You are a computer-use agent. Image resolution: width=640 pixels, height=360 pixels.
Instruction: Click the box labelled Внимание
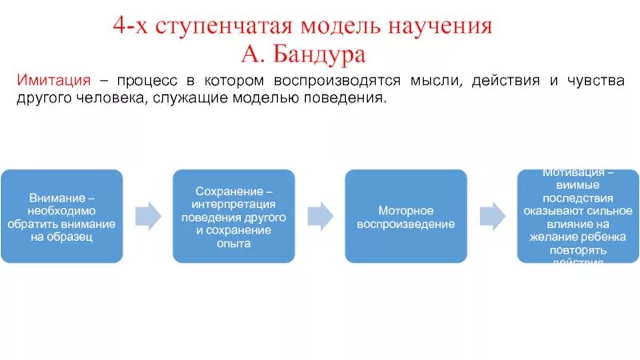pos(61,216)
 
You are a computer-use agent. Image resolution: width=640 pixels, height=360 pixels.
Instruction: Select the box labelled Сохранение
pos(234,216)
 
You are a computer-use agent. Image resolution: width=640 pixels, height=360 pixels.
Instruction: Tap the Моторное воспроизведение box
pos(406,216)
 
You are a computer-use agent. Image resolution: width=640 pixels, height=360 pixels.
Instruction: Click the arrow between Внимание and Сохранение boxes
pos(147,215)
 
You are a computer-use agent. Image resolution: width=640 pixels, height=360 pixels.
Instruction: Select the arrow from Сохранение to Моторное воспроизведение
pos(320,215)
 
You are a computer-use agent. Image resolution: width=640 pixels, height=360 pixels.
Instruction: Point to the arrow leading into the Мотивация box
pos(492,215)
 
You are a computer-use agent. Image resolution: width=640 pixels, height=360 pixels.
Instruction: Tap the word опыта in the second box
pos(234,244)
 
